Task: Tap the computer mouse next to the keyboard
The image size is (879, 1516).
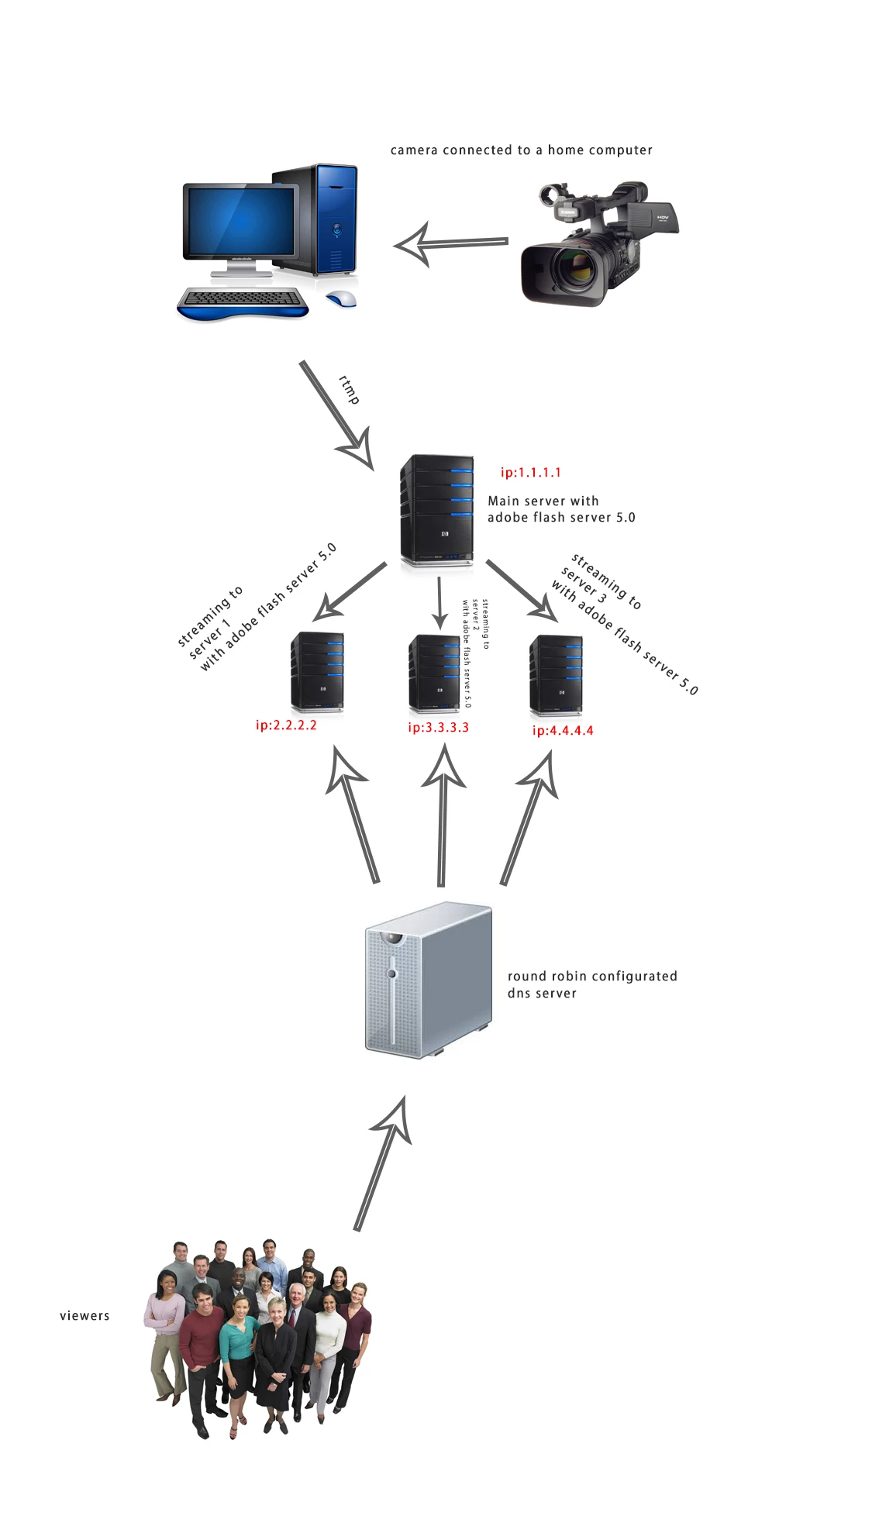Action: pyautogui.click(x=341, y=299)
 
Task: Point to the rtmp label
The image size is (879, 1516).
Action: pyautogui.click(x=350, y=389)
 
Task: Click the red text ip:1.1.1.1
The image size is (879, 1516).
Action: pyautogui.click(x=530, y=472)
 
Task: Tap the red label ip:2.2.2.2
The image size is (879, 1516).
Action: pyautogui.click(x=286, y=725)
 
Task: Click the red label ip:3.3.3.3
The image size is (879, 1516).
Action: pyautogui.click(x=438, y=728)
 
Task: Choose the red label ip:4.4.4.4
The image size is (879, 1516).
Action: pyautogui.click(x=563, y=730)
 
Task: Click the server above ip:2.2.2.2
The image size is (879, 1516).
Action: pyautogui.click(x=317, y=672)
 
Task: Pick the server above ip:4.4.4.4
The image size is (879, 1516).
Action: pyautogui.click(x=556, y=674)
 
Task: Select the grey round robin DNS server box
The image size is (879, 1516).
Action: pyautogui.click(x=428, y=980)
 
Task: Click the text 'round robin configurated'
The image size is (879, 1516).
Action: pyautogui.click(x=592, y=976)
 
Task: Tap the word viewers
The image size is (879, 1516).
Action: pyautogui.click(x=84, y=1315)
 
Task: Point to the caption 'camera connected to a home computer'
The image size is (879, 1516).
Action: pyautogui.click(x=521, y=150)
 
